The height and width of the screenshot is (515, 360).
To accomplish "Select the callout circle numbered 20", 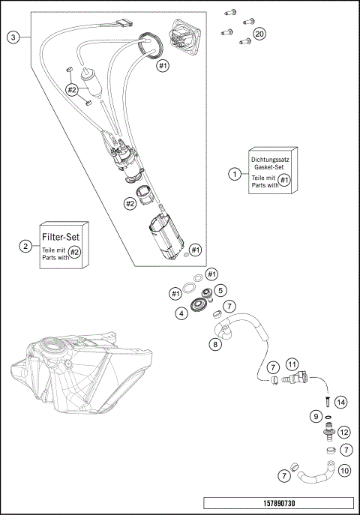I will (259, 34).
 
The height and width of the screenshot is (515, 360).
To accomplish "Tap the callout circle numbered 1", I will (235, 173).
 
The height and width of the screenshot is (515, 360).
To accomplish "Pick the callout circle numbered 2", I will (25, 246).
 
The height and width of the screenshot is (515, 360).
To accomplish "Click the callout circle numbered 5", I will (220, 290).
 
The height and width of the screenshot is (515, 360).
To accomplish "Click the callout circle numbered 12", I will (344, 432).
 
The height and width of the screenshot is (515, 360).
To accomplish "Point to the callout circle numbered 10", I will (344, 471).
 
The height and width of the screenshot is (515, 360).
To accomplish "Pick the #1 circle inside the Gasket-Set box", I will (283, 181).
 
